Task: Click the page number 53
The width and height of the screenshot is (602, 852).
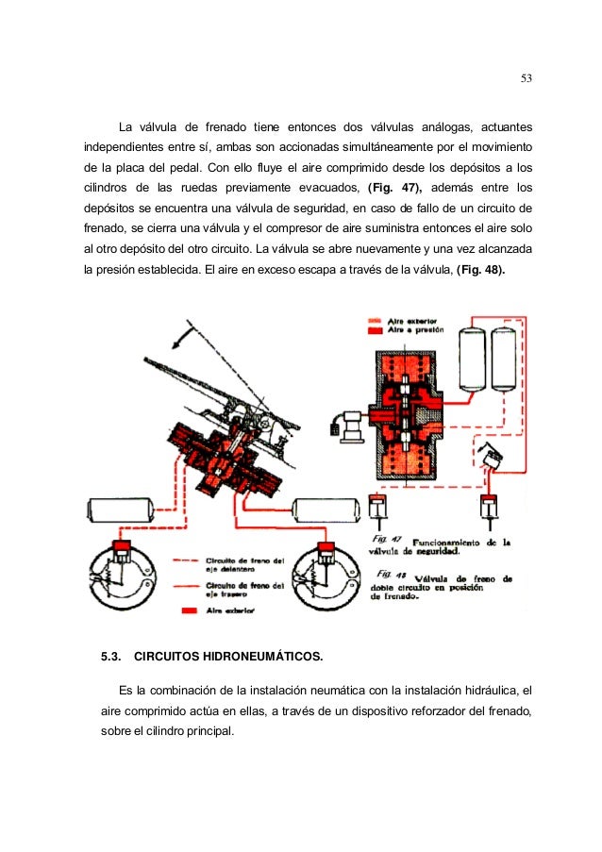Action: coord(527,78)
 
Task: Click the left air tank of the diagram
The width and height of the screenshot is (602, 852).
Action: coord(122,510)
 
